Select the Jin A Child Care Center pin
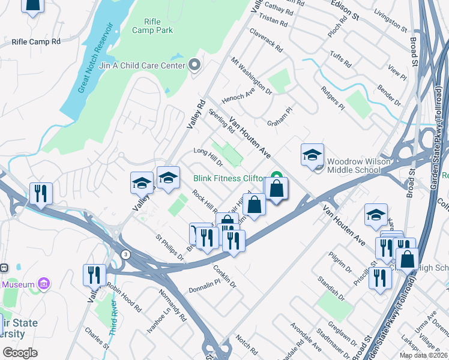click(194, 65)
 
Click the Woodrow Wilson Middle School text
click(353, 166)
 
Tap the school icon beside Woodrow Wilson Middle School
click(312, 156)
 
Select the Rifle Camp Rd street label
click(36, 42)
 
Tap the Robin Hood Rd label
click(124, 298)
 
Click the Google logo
click(20, 353)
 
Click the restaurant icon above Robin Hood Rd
click(95, 275)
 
